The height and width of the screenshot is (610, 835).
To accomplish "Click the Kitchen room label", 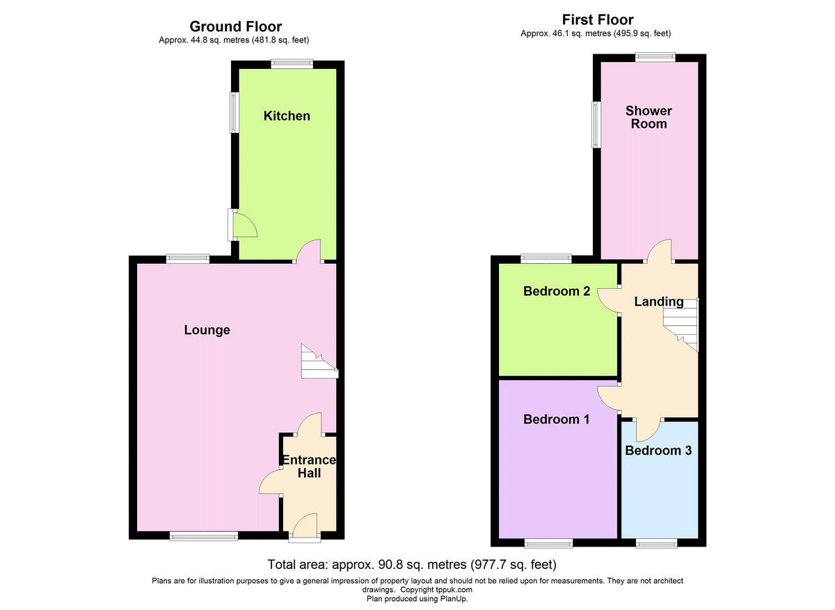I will click(287, 116).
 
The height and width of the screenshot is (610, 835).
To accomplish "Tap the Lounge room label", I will click(207, 330).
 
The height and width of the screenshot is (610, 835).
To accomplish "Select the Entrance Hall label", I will click(309, 467).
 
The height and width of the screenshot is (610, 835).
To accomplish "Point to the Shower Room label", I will click(648, 117).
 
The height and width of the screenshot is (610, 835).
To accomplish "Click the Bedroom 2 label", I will click(557, 291).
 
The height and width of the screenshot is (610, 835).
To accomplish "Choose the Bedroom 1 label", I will click(557, 419).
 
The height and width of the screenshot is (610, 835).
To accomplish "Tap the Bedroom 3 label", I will click(658, 451).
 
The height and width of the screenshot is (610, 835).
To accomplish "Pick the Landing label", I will click(658, 302).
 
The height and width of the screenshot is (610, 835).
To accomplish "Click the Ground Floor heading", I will click(236, 26).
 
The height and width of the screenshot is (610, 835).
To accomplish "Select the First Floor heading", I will click(598, 19).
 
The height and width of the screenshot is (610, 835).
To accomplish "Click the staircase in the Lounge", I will click(318, 362).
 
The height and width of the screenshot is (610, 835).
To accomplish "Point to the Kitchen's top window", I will click(292, 63).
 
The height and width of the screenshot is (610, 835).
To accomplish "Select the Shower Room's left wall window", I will click(596, 125).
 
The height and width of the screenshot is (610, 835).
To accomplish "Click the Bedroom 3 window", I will click(655, 542).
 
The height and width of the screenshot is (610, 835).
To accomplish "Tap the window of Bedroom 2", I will click(546, 258).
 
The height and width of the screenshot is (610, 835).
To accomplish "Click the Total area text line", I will click(412, 564).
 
